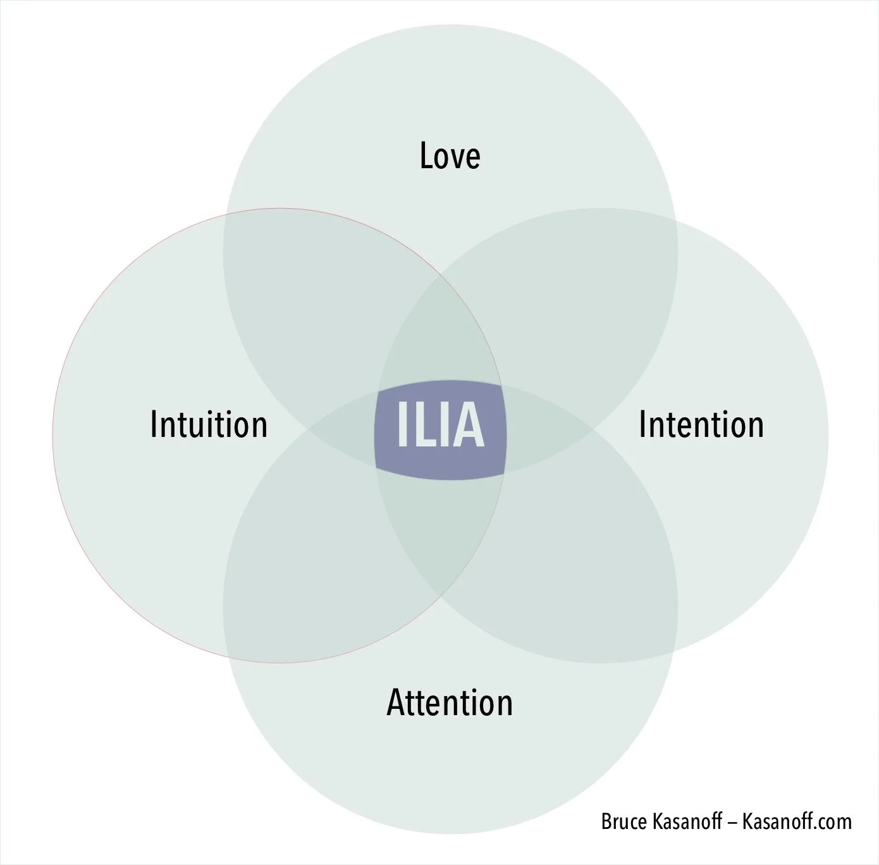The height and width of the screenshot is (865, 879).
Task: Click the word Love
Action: [450, 156]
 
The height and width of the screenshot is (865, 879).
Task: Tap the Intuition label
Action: [209, 424]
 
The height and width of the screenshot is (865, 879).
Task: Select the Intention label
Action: [701, 424]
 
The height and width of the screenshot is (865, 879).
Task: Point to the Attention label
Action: [450, 702]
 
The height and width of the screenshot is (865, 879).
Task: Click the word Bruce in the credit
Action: [622, 822]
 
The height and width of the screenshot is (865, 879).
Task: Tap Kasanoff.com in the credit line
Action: [797, 822]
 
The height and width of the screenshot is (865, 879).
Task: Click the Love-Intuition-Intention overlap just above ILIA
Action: [441, 335]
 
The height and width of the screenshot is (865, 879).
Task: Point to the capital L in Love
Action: [427, 156]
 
